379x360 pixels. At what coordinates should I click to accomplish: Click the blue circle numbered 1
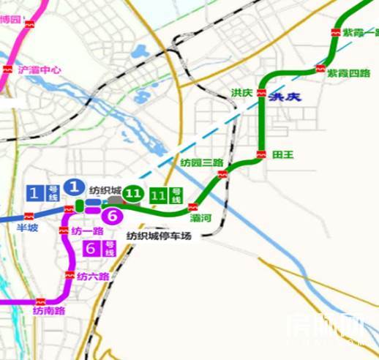tap(72, 187)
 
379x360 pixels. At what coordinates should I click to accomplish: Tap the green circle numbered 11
tap(132, 194)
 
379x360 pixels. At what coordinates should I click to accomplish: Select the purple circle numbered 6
tap(112, 216)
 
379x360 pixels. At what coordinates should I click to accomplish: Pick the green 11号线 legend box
tap(165, 196)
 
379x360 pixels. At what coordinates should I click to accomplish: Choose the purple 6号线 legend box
tap(100, 249)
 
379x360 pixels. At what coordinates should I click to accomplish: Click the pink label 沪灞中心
tap(40, 70)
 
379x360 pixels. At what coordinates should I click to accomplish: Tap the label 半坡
tap(27, 228)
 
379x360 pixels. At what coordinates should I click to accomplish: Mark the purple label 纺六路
tap(93, 276)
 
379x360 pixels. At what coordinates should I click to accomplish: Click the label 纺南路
tap(49, 311)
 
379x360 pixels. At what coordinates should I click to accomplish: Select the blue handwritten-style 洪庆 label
tap(285, 97)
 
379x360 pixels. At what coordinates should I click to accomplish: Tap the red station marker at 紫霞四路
tap(320, 70)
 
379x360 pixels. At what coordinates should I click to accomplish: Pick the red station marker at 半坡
tap(29, 216)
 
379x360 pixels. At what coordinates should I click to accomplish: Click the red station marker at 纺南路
tap(42, 300)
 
